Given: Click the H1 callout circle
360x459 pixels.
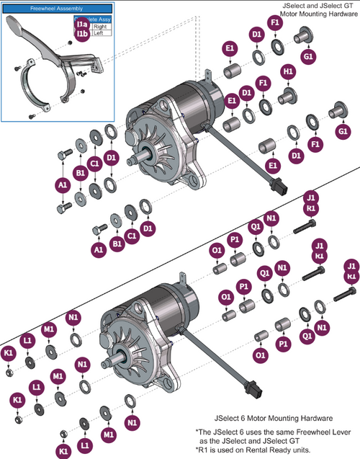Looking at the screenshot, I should (288, 73).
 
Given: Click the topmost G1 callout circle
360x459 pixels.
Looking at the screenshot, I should (308, 57).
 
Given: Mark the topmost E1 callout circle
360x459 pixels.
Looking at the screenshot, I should (230, 48).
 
